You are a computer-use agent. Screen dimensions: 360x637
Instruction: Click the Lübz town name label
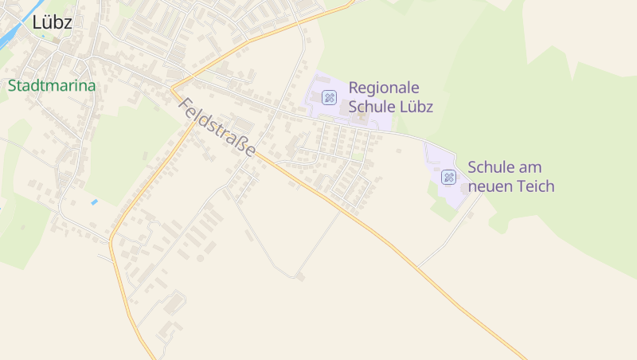click(52, 23)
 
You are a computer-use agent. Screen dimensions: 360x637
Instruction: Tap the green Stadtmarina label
click(52, 86)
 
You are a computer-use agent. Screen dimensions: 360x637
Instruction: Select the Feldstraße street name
click(217, 127)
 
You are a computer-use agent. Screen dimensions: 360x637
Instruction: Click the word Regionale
click(384, 88)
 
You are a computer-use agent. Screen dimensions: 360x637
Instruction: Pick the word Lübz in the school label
click(414, 107)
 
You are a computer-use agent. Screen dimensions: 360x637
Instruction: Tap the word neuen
click(489, 186)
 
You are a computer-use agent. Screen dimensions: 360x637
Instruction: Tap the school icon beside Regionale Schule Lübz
click(329, 97)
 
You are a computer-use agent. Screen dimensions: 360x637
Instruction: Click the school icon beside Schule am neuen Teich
click(448, 177)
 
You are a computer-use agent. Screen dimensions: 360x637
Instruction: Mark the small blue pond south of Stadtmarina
click(95, 202)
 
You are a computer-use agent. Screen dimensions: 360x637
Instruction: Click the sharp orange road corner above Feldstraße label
click(171, 87)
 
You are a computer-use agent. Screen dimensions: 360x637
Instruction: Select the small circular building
click(200, 258)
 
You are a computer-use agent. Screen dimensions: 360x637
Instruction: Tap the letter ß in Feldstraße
click(241, 145)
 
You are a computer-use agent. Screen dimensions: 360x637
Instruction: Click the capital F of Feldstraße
click(184, 104)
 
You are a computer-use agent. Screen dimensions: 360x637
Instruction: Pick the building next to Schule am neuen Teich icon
click(465, 189)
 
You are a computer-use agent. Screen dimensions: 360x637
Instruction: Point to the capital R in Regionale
click(354, 88)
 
